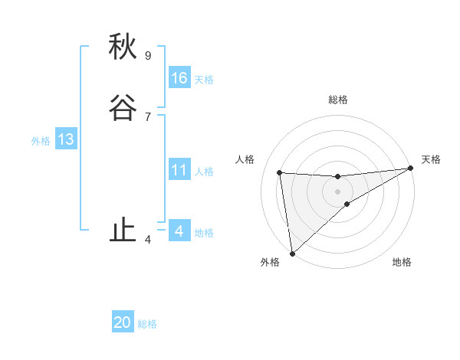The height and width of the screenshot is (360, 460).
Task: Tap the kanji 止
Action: tap(123, 231)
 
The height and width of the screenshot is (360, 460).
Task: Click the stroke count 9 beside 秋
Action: tap(148, 55)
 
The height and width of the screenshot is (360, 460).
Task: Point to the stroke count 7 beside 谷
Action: tap(148, 116)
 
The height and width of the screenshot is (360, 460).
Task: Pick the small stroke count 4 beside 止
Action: tap(148, 240)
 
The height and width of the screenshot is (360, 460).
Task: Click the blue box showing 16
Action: tap(179, 78)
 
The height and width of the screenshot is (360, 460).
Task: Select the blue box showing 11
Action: tap(179, 170)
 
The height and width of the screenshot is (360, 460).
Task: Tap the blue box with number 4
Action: tap(179, 231)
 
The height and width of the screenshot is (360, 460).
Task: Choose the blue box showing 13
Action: tap(66, 139)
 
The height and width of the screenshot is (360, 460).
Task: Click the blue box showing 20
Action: tap(123, 322)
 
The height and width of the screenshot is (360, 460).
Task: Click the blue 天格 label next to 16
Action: tap(204, 80)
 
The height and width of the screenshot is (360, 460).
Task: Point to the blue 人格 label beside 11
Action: tap(204, 172)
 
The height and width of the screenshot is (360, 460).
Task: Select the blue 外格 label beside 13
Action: tap(41, 141)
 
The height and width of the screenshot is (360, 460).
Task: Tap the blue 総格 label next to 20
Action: tap(147, 324)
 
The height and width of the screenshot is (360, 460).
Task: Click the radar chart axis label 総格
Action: tap(338, 100)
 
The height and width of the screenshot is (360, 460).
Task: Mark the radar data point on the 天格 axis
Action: tap(410, 169)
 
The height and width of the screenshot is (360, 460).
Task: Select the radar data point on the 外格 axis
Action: tap(291, 253)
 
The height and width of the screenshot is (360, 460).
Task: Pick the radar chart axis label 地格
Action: tap(402, 263)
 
